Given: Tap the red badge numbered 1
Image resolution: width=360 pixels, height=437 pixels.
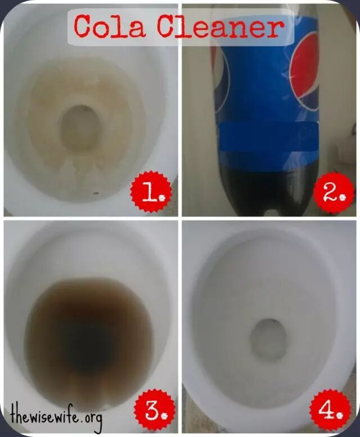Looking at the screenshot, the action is click(151, 192).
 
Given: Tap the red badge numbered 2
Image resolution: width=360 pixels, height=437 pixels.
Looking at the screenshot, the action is click(334, 192).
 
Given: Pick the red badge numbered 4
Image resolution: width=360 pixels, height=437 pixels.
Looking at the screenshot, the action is click(330, 411).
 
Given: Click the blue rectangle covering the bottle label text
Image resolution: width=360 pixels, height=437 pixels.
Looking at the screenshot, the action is click(269, 137).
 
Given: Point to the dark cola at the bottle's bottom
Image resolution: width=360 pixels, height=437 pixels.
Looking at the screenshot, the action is click(268, 190).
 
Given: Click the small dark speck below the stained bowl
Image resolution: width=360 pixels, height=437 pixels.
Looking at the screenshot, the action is click(96, 193).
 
